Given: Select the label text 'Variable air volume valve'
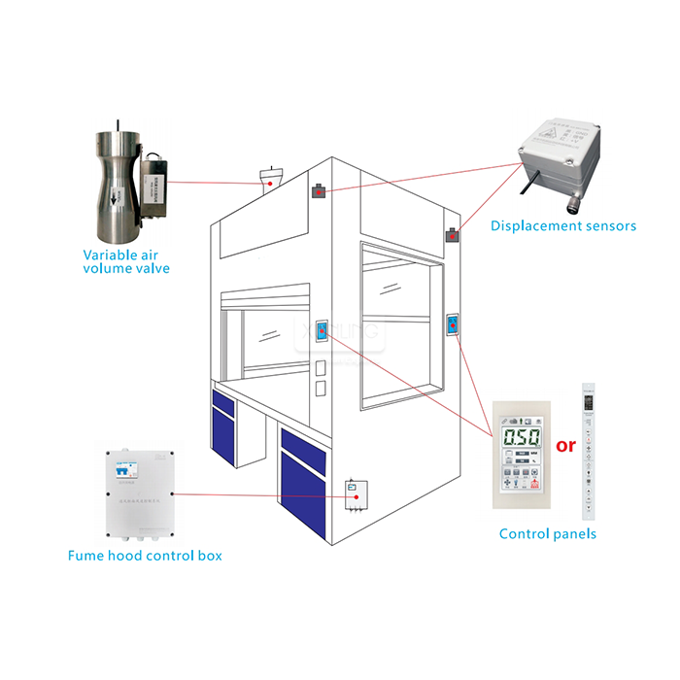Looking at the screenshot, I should (125, 260).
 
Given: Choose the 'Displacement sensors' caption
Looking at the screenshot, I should (562, 225).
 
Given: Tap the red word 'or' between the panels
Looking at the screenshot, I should (564, 446).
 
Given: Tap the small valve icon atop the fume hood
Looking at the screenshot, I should (270, 177).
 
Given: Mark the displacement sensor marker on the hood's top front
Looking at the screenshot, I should (318, 191).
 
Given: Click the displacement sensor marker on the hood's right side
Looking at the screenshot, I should (453, 235).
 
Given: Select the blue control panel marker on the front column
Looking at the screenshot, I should (322, 333).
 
